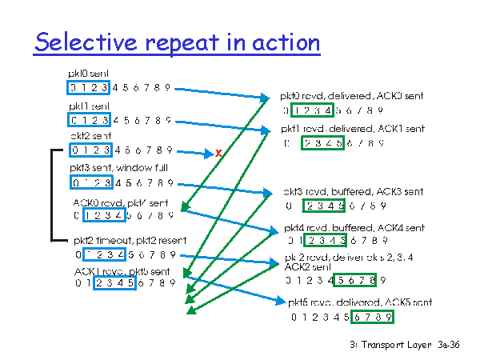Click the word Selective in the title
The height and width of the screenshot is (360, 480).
85,42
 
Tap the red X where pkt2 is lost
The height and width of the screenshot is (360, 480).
218,152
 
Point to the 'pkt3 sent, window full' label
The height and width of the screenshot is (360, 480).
117,169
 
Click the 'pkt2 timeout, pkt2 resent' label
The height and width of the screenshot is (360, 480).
129,240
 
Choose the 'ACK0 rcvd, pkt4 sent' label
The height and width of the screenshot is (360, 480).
115,202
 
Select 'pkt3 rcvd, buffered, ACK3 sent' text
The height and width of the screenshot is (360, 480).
353,193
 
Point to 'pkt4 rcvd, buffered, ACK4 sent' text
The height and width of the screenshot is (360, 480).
355,228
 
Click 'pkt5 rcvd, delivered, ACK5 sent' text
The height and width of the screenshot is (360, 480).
360,302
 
